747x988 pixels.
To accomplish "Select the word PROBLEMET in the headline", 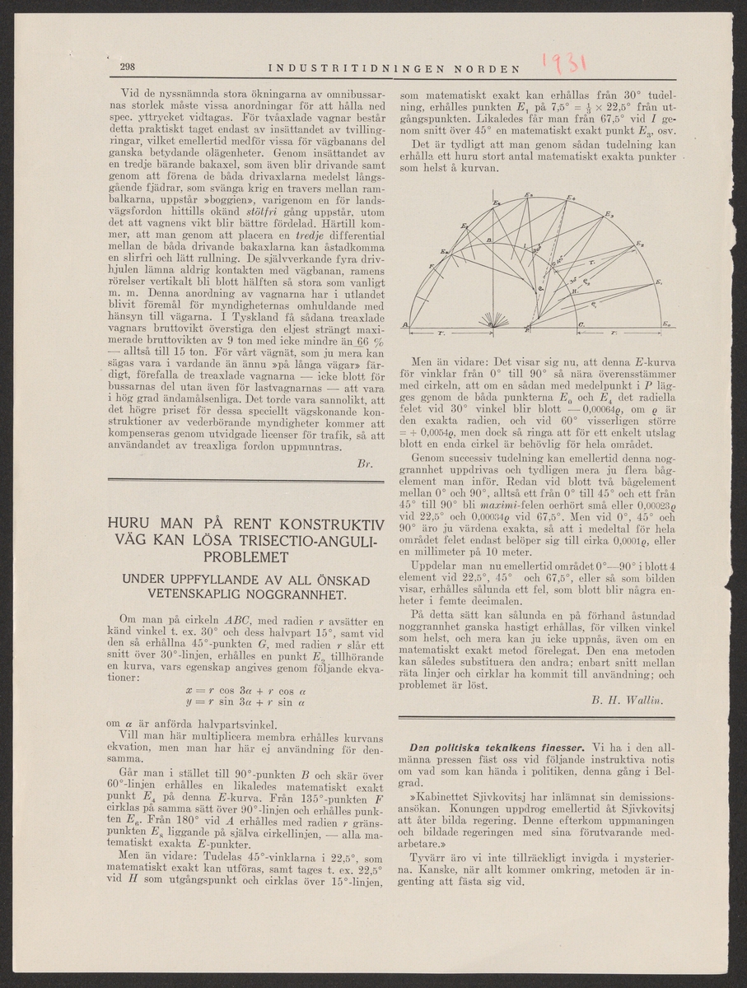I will [x=242, y=558].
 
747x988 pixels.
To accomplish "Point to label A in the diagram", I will [x=404, y=326].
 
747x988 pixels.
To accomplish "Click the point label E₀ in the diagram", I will [x=665, y=327].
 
